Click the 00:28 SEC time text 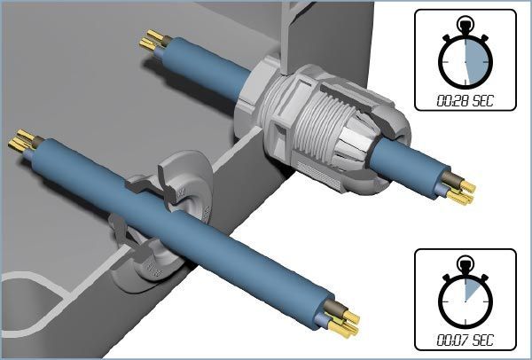coord(465,101)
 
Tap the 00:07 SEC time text coord(465,340)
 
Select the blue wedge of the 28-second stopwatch coord(477,62)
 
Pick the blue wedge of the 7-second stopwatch coord(472,288)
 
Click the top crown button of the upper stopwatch coord(465,24)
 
